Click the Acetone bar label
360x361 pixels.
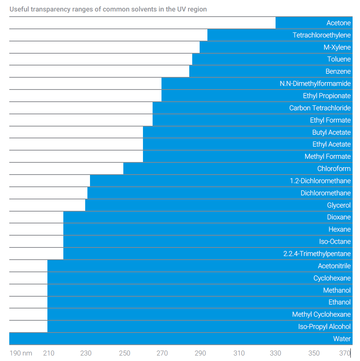pyautogui.click(x=338, y=23)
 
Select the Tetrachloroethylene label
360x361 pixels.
pyautogui.click(x=321, y=35)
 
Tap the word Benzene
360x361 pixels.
pyautogui.click(x=338, y=71)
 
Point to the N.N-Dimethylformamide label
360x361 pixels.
pyautogui.click(x=315, y=84)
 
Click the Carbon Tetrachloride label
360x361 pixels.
pyautogui.click(x=320, y=108)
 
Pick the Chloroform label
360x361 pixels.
pyautogui.click(x=334, y=169)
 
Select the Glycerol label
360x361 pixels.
pyautogui.click(x=339, y=205)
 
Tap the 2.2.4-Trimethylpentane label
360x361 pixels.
pyautogui.click(x=317, y=254)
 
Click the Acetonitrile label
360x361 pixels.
pyautogui.click(x=334, y=266)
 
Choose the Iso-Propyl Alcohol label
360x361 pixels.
pyautogui.click(x=324, y=327)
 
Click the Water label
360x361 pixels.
pyautogui.click(x=341, y=339)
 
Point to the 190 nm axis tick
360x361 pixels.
pyautogui.click(x=21, y=353)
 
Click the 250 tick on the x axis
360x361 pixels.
pyautogui.click(x=125, y=353)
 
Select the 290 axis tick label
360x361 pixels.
pyautogui.click(x=200, y=353)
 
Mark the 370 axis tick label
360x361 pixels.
pyautogui.click(x=344, y=353)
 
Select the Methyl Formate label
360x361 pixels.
pyautogui.click(x=327, y=156)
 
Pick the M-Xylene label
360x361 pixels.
pyautogui.click(x=337, y=47)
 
